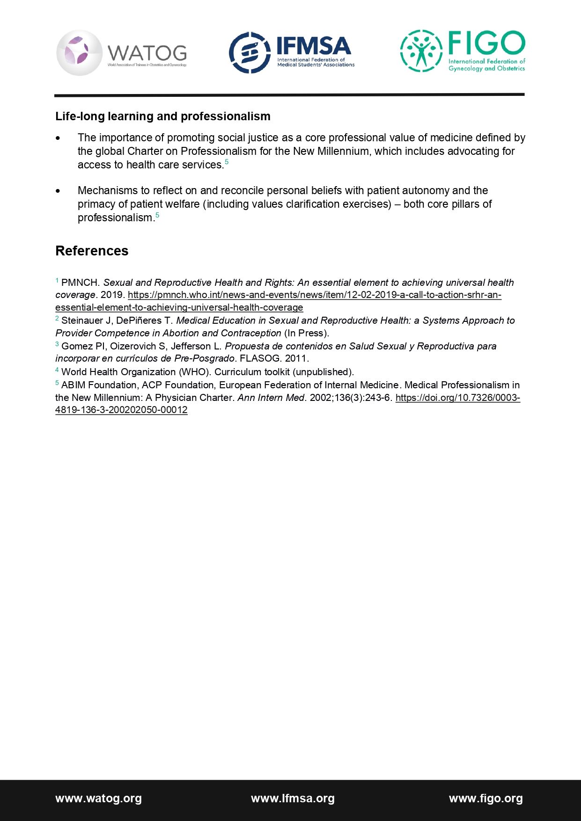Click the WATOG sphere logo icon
(79, 53)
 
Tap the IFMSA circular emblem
(250, 53)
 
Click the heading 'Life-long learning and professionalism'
(162, 116)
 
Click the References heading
(92, 251)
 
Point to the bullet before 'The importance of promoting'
(58, 138)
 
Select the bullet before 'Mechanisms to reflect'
(58, 191)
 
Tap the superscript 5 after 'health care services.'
(227, 162)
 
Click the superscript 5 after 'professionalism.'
(157, 215)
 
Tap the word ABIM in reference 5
(73, 385)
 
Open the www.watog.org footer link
(98, 799)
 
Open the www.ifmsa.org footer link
(293, 799)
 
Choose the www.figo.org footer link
(485, 799)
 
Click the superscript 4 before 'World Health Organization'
(57, 370)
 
